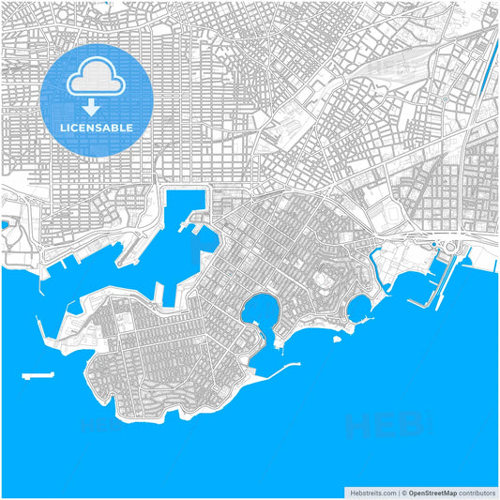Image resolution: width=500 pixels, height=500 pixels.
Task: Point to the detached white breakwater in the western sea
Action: coord(38,376)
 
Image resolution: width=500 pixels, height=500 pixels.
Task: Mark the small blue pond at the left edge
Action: coord(5,225)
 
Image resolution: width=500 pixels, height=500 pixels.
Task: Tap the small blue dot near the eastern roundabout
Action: coord(432,246)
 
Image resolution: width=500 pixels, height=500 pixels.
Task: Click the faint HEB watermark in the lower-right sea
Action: coord(375,427)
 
